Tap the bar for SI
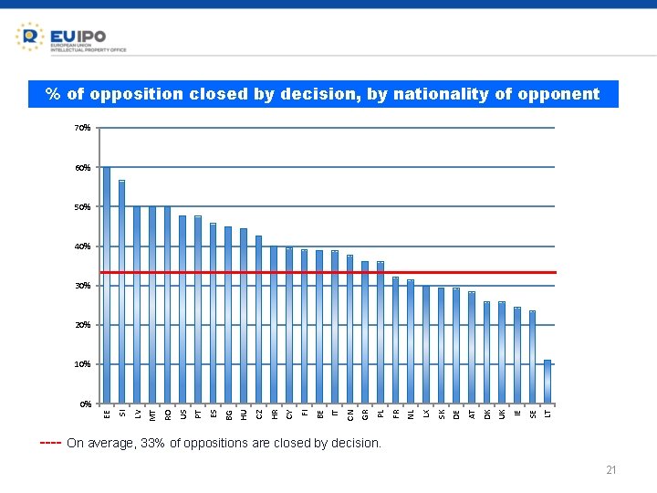122,292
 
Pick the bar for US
182,309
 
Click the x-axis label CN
350,414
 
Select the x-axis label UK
502,414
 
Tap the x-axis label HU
244,414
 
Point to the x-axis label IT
335,414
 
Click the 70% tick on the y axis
82,128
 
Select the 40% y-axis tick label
82,246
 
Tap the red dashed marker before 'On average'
50,444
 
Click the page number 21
611,470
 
